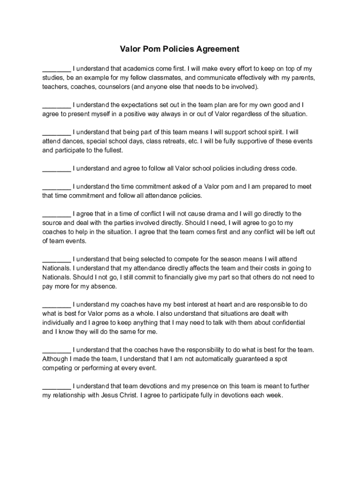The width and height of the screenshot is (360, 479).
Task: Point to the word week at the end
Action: pos(274,395)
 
